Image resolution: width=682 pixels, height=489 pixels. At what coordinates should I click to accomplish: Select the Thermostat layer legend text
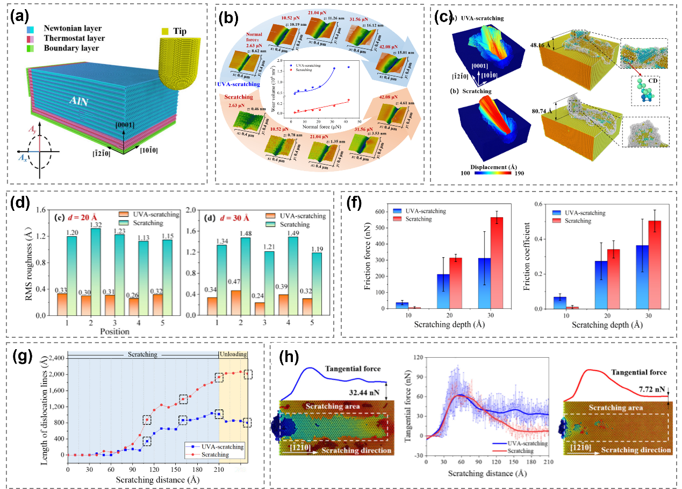pos(76,38)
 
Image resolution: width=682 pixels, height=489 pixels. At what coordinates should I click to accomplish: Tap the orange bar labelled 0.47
pos(235,302)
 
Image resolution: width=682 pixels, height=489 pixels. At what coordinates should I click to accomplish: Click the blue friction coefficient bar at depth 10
pos(560,302)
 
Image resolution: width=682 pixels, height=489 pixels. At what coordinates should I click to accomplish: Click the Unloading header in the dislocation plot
pos(233,355)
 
